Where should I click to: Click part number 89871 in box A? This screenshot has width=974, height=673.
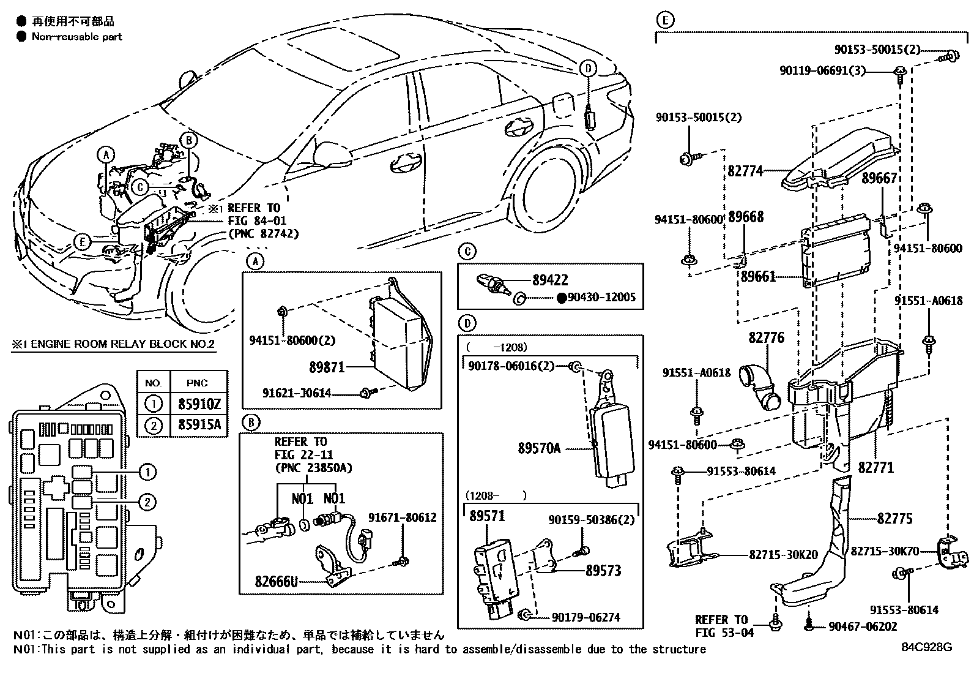click(x=327, y=367)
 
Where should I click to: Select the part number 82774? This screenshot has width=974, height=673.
click(x=745, y=171)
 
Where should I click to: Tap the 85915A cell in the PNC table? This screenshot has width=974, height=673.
click(x=199, y=424)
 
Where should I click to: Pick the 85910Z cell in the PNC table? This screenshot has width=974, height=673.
click(x=199, y=404)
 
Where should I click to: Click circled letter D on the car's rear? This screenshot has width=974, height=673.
click(x=587, y=69)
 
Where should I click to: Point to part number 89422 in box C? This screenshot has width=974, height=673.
click(x=549, y=280)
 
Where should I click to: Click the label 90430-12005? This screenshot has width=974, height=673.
click(x=601, y=298)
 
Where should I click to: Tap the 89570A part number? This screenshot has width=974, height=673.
click(x=539, y=448)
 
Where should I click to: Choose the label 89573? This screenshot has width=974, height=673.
click(x=603, y=570)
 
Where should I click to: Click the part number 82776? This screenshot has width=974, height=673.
click(x=766, y=338)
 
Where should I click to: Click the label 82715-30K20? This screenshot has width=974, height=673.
click(x=783, y=555)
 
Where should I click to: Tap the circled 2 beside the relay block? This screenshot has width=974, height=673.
click(x=147, y=502)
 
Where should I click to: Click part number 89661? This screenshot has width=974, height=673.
click(x=758, y=276)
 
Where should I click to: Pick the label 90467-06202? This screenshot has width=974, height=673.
click(x=863, y=626)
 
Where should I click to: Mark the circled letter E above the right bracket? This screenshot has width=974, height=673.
click(x=665, y=20)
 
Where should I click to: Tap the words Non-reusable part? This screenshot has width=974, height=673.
click(x=77, y=37)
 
